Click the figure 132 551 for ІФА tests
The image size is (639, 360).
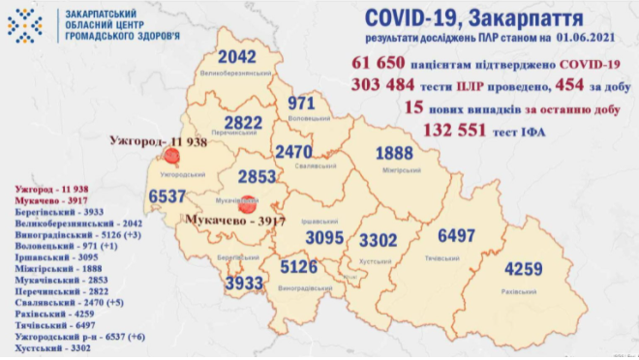point(458,131)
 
